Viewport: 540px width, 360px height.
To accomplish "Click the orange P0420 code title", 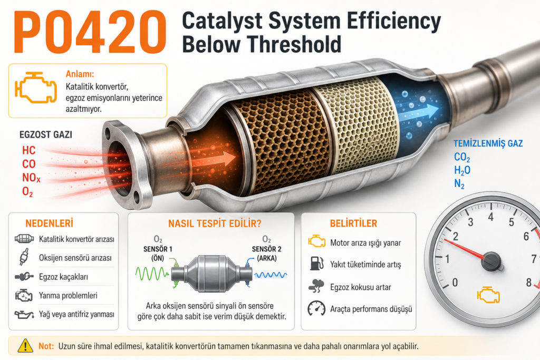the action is [x=90, y=32].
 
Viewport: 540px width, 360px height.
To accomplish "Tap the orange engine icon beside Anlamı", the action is [x=36, y=87].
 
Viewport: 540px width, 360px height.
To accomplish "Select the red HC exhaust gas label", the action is [x=29, y=150].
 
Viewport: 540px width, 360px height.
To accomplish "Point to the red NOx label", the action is [x=31, y=178].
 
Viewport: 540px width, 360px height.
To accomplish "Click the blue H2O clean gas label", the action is [x=462, y=170].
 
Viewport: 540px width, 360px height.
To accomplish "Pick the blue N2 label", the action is [x=459, y=184].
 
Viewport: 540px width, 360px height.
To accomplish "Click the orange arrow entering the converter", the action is [x=216, y=159].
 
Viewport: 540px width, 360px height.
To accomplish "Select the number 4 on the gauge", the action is [x=491, y=217].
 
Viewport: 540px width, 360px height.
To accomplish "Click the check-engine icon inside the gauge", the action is [x=488, y=295].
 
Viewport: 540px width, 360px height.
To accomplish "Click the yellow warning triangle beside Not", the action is [x=25, y=346].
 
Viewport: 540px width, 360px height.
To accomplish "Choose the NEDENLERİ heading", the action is [x=49, y=223].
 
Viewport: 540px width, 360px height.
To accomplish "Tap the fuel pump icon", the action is [x=316, y=264].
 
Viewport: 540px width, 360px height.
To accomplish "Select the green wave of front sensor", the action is [x=151, y=274].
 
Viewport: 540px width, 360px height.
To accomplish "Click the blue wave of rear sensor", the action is [x=271, y=275].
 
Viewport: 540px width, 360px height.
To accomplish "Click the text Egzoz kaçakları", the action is [x=63, y=277].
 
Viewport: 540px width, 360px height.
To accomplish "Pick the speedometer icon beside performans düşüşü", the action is [x=316, y=309].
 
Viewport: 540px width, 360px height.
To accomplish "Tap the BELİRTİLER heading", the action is [x=353, y=223].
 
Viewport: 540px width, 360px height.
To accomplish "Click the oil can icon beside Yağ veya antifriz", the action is [x=24, y=315].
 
